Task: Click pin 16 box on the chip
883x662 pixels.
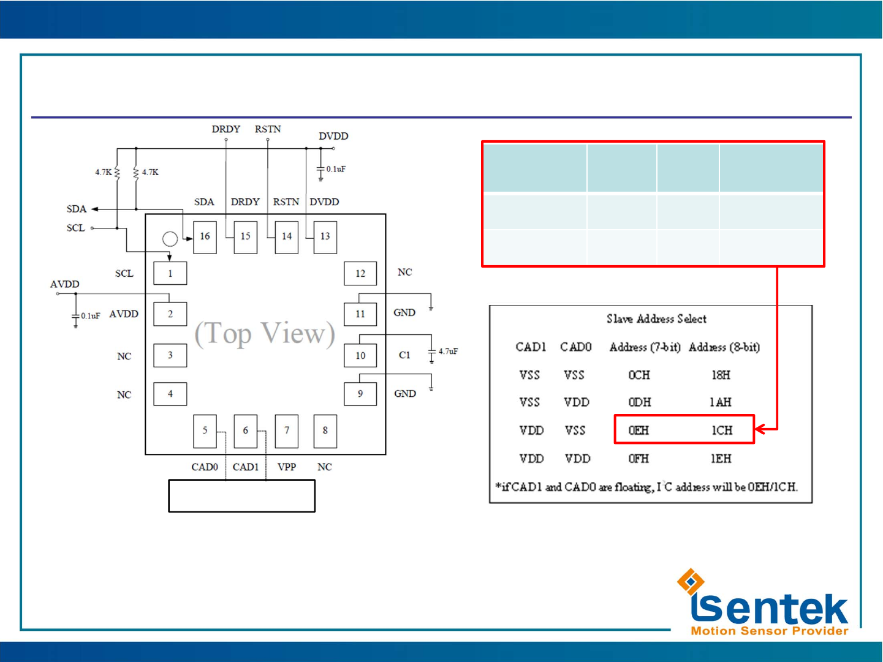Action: [x=205, y=236]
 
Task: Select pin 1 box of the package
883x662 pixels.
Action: [x=170, y=274]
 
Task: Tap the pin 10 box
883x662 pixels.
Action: [x=360, y=355]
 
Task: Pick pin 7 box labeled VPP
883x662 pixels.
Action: [x=286, y=431]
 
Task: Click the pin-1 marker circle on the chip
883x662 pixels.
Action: [x=170, y=239]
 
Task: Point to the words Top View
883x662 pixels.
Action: [x=265, y=334]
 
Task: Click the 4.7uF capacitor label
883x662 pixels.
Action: [x=448, y=352]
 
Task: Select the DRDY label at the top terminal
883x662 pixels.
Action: [x=226, y=129]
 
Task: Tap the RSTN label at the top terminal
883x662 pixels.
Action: [x=268, y=129]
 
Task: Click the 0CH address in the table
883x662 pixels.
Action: [x=639, y=375]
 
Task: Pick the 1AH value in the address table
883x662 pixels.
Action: [x=721, y=402]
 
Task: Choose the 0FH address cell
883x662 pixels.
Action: [x=639, y=459]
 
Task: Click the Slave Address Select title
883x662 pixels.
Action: [x=656, y=319]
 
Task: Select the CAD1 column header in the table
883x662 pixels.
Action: [x=531, y=347]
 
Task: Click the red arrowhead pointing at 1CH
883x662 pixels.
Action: [x=760, y=429]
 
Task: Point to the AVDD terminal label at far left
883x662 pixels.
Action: [x=65, y=284]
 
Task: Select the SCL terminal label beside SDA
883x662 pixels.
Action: [x=76, y=228]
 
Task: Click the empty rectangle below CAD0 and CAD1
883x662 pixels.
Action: [x=241, y=496]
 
